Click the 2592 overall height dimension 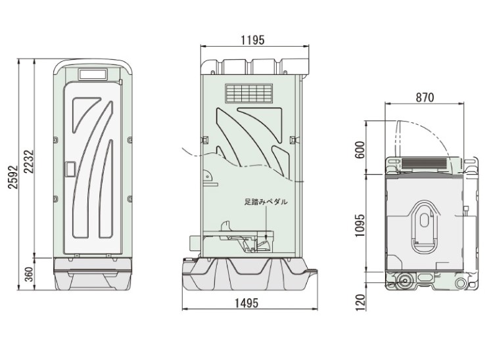(13, 177)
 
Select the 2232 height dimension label (28, 162)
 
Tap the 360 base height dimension (29, 275)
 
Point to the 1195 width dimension (252, 40)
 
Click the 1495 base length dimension (247, 303)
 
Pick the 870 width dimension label (425, 98)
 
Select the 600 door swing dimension (360, 150)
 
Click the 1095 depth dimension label (360, 225)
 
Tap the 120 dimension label (361, 302)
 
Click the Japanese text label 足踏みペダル (266, 202)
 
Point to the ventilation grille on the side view (249, 93)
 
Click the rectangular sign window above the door (93, 74)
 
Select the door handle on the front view (70, 169)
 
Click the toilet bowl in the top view (424, 227)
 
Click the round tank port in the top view (405, 281)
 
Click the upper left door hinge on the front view (55, 140)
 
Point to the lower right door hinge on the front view (129, 199)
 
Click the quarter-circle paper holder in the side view (207, 175)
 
